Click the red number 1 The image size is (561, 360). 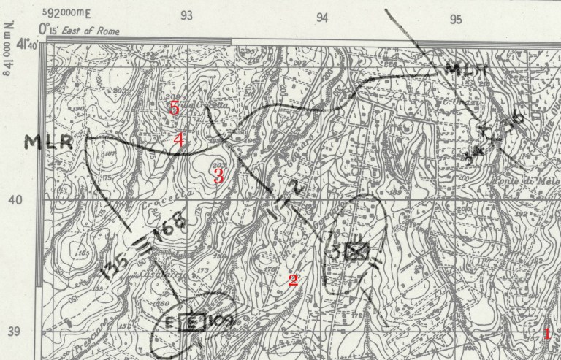[546, 334]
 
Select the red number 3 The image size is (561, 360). [218, 175]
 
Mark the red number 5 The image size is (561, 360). [174, 107]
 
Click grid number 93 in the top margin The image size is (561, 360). [188, 17]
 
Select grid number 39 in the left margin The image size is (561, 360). [14, 332]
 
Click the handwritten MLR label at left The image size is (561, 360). [49, 141]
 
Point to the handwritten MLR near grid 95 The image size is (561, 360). [462, 71]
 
